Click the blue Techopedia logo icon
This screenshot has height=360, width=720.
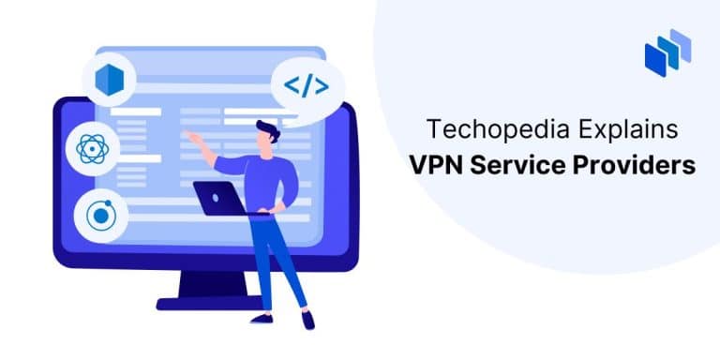[x=667, y=53]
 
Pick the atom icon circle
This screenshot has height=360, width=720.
[x=91, y=147]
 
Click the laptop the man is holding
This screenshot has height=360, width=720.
[x=221, y=198]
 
